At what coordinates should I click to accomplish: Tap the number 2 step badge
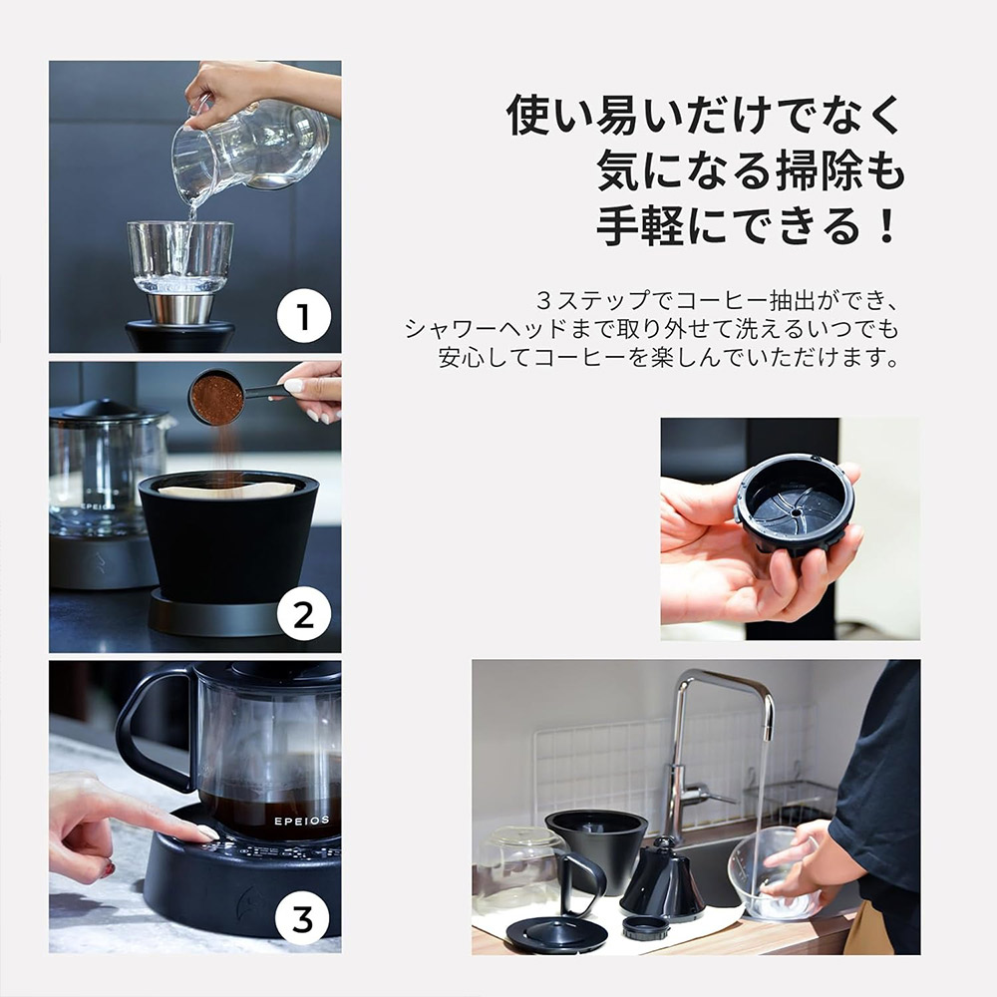click(304, 618)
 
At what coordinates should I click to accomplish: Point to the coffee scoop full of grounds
click(218, 398)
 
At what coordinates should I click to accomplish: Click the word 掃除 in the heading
click(817, 171)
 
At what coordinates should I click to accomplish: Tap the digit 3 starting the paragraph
click(543, 299)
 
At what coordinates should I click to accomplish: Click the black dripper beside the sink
click(595, 847)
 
